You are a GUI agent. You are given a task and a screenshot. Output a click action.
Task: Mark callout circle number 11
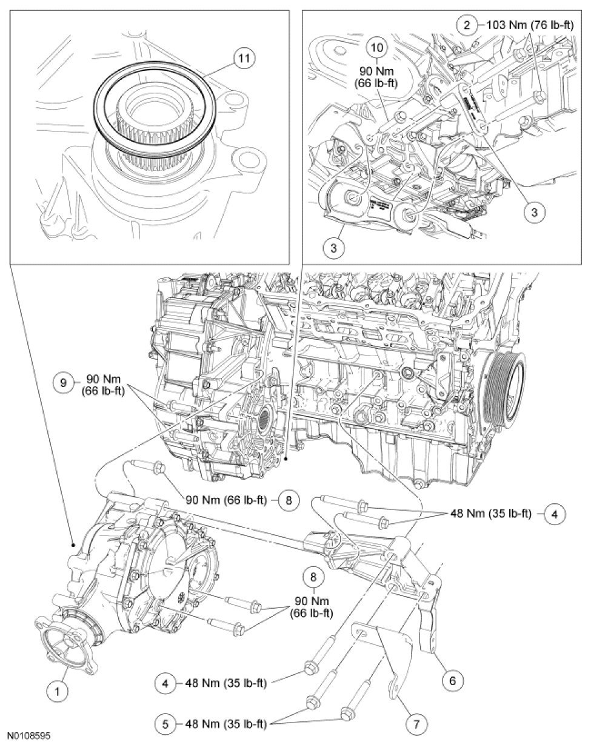243,59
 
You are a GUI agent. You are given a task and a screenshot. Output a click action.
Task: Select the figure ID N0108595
25,737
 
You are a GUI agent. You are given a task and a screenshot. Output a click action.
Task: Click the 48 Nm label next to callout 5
230,723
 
